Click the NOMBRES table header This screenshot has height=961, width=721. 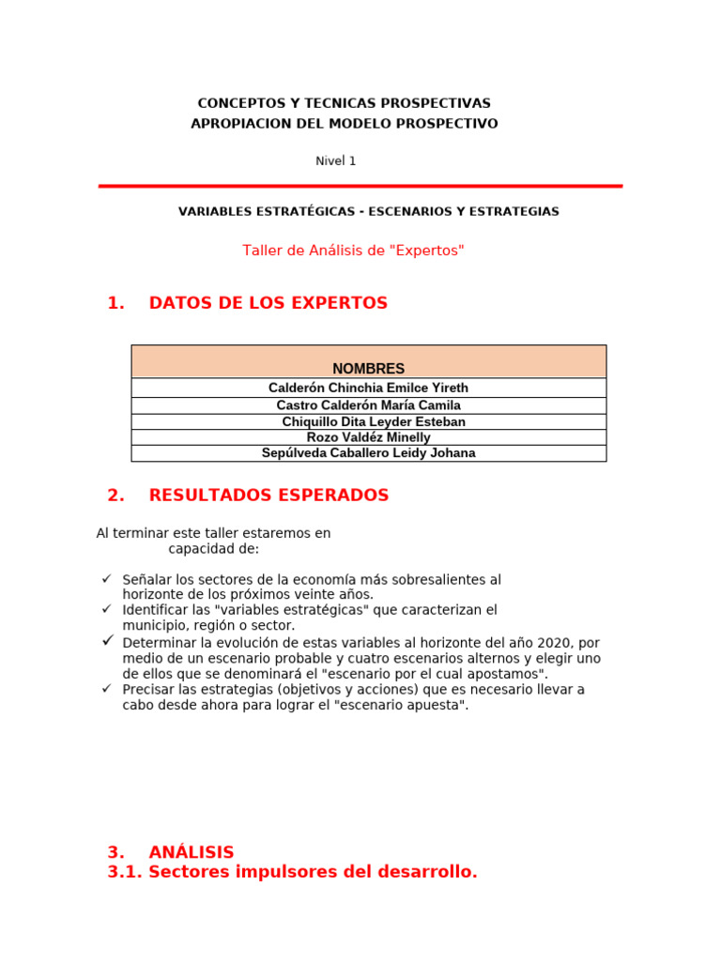(368, 369)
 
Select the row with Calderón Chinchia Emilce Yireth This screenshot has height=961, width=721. (368, 388)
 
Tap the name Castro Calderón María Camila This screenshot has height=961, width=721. (368, 405)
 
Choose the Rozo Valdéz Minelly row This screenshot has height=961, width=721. (368, 437)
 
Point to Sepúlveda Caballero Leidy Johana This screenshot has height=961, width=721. (368, 453)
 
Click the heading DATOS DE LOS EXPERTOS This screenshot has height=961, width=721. (268, 303)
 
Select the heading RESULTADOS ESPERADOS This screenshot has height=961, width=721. (268, 496)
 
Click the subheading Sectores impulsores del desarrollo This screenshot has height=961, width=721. (313, 872)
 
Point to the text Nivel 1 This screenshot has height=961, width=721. (336, 161)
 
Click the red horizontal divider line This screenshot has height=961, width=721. (360, 186)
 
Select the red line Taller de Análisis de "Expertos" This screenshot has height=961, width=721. (353, 251)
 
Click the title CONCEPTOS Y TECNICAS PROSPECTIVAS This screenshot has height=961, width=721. (344, 103)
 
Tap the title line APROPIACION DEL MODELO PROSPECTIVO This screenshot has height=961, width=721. (344, 124)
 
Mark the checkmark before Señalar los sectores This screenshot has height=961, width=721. (107, 579)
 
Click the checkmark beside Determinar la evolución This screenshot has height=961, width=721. (108, 640)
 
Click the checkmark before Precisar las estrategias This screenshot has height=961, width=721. (107, 688)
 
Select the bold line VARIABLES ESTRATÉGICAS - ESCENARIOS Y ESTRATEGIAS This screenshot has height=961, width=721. (368, 212)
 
